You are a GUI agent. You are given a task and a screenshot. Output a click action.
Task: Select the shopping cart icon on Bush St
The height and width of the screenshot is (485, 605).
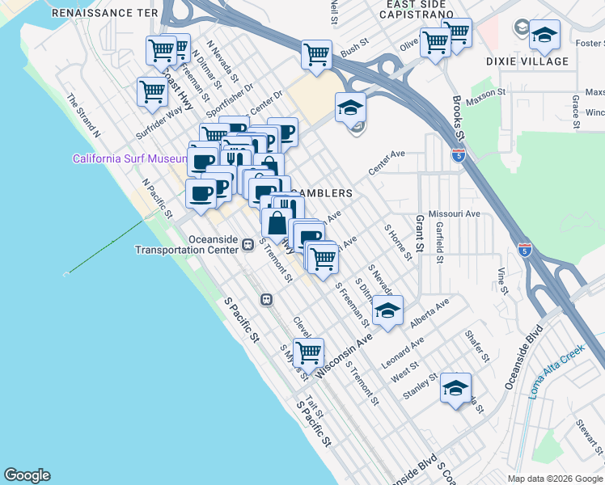[x=316, y=55]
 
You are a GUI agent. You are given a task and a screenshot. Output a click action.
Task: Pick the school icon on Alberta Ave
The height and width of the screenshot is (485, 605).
[x=387, y=312]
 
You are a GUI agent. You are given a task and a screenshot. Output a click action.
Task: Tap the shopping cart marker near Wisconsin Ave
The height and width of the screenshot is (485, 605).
[x=308, y=352]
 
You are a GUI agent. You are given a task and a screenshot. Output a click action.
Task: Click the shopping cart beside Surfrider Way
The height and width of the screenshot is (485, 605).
[x=152, y=92]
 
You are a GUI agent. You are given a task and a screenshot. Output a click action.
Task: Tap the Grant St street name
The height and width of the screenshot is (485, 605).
[x=420, y=231]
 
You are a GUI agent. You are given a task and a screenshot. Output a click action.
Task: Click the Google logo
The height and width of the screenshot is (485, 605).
[x=27, y=475]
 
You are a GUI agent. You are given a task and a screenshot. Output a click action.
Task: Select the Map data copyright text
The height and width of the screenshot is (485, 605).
[x=555, y=479]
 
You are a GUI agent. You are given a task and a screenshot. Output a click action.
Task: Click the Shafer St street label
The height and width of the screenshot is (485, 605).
[x=478, y=345]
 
